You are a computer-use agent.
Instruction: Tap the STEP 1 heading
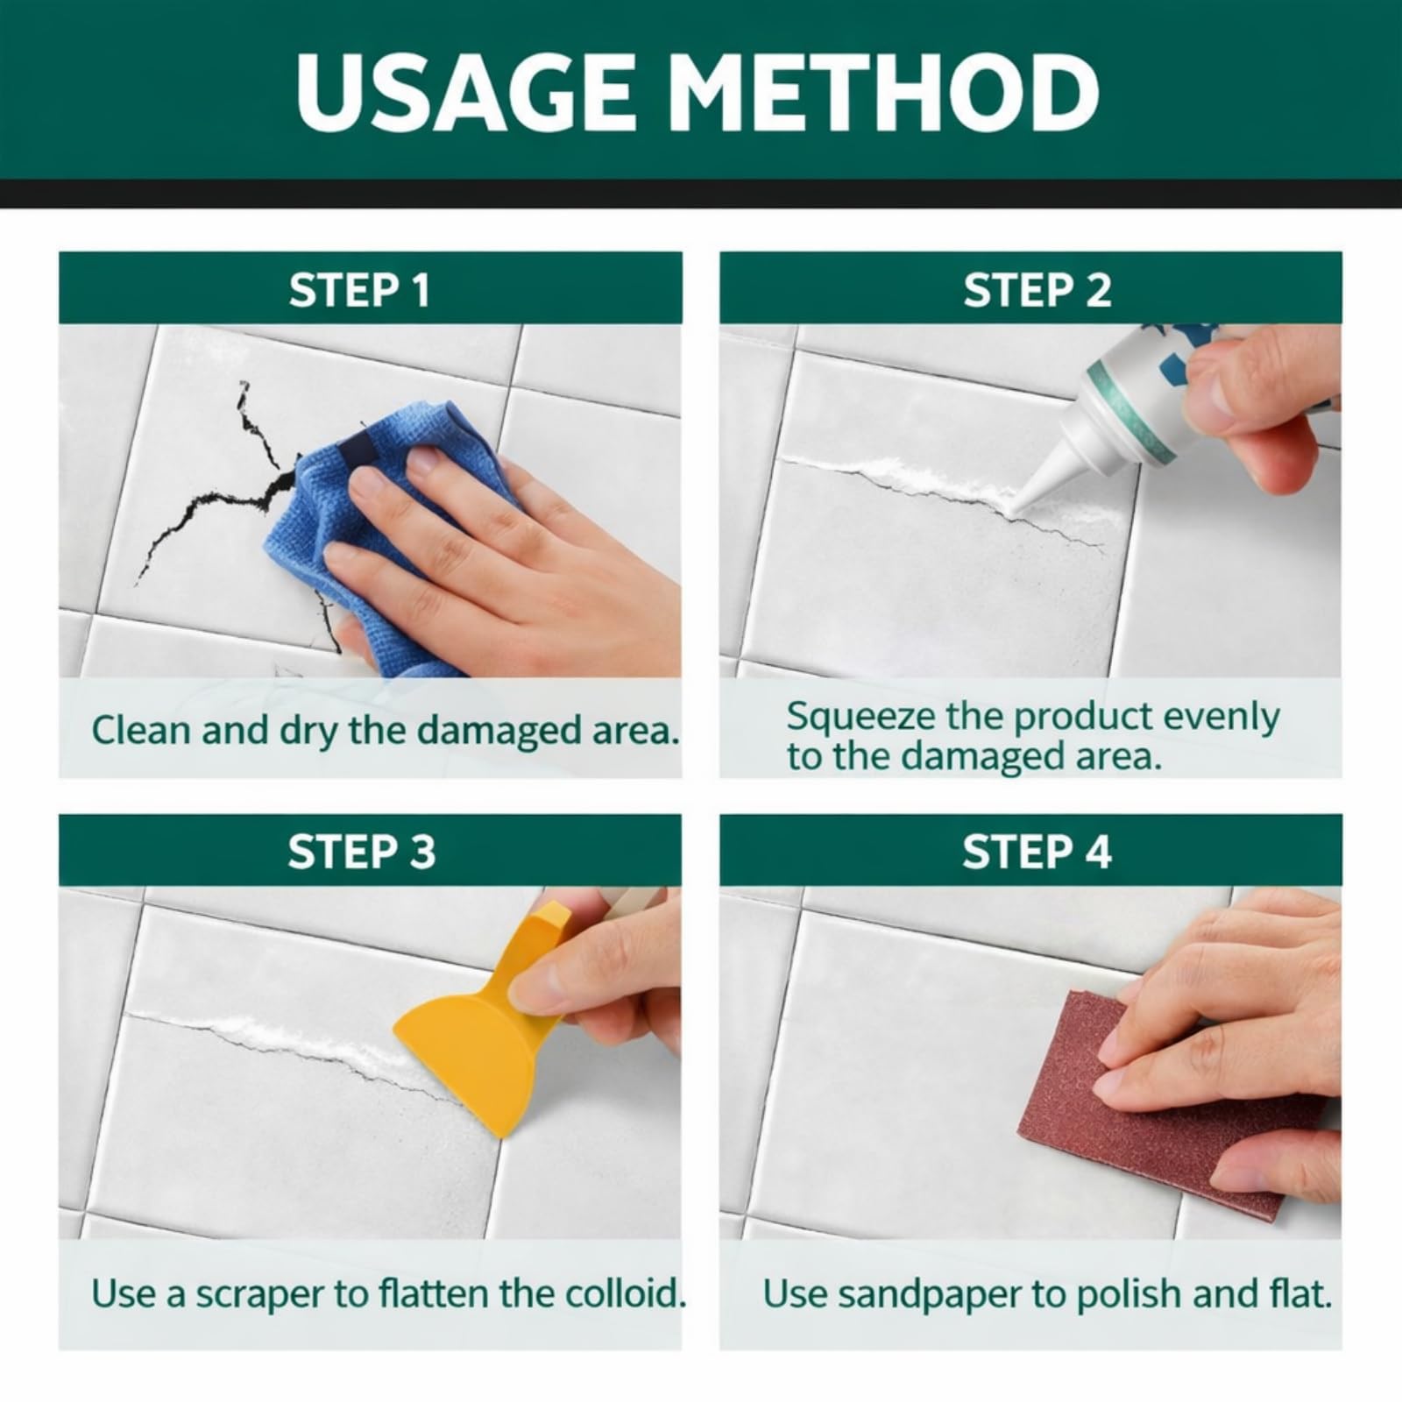pyautogui.click(x=359, y=290)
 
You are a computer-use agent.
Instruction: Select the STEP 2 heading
pyautogui.click(x=1037, y=290)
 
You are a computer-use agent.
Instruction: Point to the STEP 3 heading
pyautogui.click(x=361, y=852)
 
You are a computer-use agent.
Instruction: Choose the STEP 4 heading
pyautogui.click(x=1037, y=852)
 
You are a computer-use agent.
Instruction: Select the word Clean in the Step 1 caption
pyautogui.click(x=140, y=730)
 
